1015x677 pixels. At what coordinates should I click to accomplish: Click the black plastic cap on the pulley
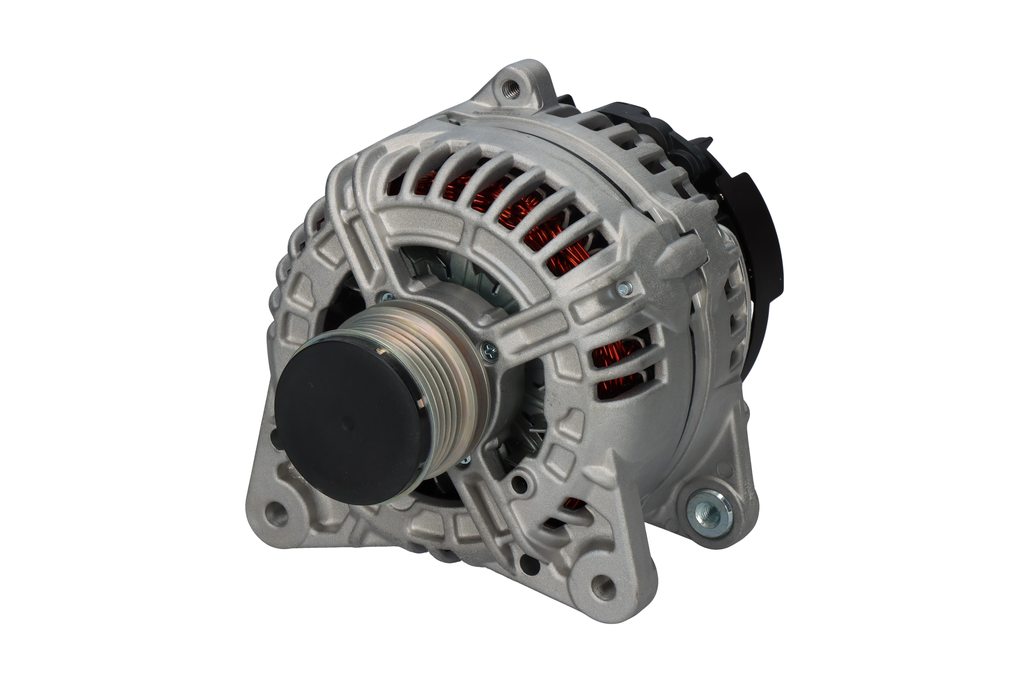(347, 421)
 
